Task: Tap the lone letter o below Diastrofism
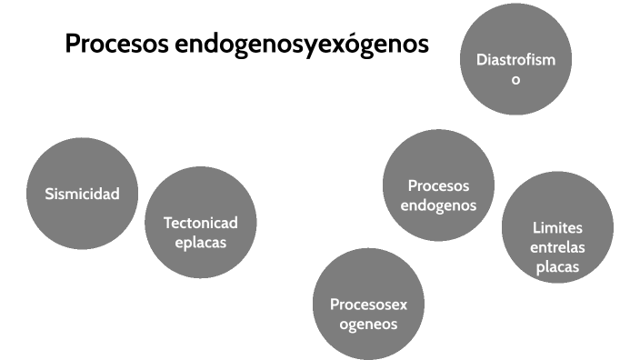(x=515, y=80)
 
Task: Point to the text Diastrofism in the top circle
(x=515, y=61)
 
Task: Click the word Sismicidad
(x=82, y=193)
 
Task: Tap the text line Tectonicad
(x=200, y=223)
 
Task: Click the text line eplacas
(x=200, y=243)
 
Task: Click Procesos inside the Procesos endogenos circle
(x=438, y=185)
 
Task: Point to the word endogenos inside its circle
(x=438, y=205)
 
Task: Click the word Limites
(x=557, y=227)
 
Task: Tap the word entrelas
(x=557, y=247)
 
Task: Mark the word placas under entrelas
(x=557, y=267)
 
